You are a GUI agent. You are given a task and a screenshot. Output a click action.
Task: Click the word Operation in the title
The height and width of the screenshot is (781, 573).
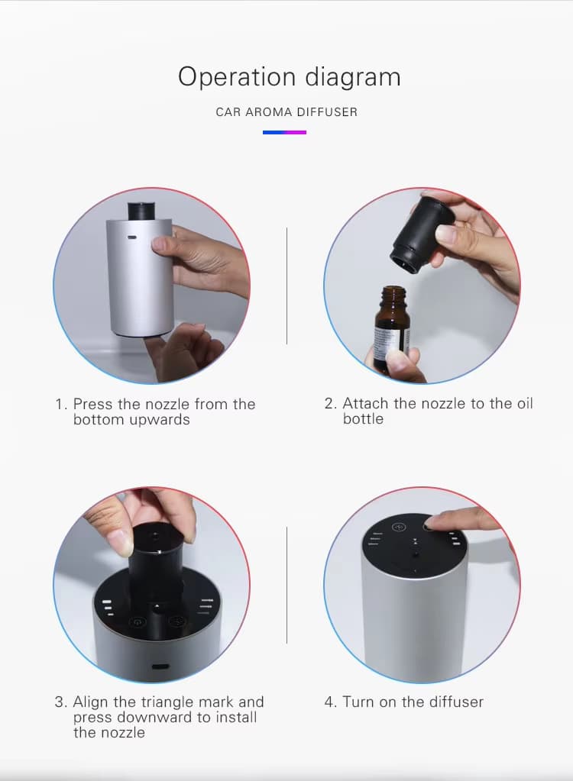pos(237,78)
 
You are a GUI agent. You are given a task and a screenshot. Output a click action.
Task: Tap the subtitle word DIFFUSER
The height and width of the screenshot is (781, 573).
pos(327,112)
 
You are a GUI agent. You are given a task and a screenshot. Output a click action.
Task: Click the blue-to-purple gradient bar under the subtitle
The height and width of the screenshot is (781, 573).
pos(284,133)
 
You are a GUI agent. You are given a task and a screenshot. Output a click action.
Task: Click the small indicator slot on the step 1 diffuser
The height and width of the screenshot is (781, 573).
pos(131,237)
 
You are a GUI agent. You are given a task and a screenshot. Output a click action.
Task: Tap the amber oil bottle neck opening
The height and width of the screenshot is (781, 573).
pos(393,289)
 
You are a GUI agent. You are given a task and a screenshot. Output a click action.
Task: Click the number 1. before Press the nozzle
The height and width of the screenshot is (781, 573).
pos(61,404)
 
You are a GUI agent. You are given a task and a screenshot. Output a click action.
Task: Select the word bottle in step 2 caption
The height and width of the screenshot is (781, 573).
pos(363,419)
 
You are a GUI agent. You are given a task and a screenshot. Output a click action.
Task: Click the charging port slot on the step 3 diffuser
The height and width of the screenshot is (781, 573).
pos(160,666)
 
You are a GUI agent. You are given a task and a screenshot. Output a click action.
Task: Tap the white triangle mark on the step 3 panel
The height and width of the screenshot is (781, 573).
pos(157,606)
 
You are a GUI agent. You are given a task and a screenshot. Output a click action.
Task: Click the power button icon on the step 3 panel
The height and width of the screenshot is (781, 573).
pos(138,621)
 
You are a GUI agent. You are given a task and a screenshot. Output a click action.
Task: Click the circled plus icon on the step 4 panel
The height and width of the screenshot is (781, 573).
pos(399,527)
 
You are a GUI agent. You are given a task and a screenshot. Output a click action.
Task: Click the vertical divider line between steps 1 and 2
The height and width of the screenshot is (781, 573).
pos(286,286)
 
